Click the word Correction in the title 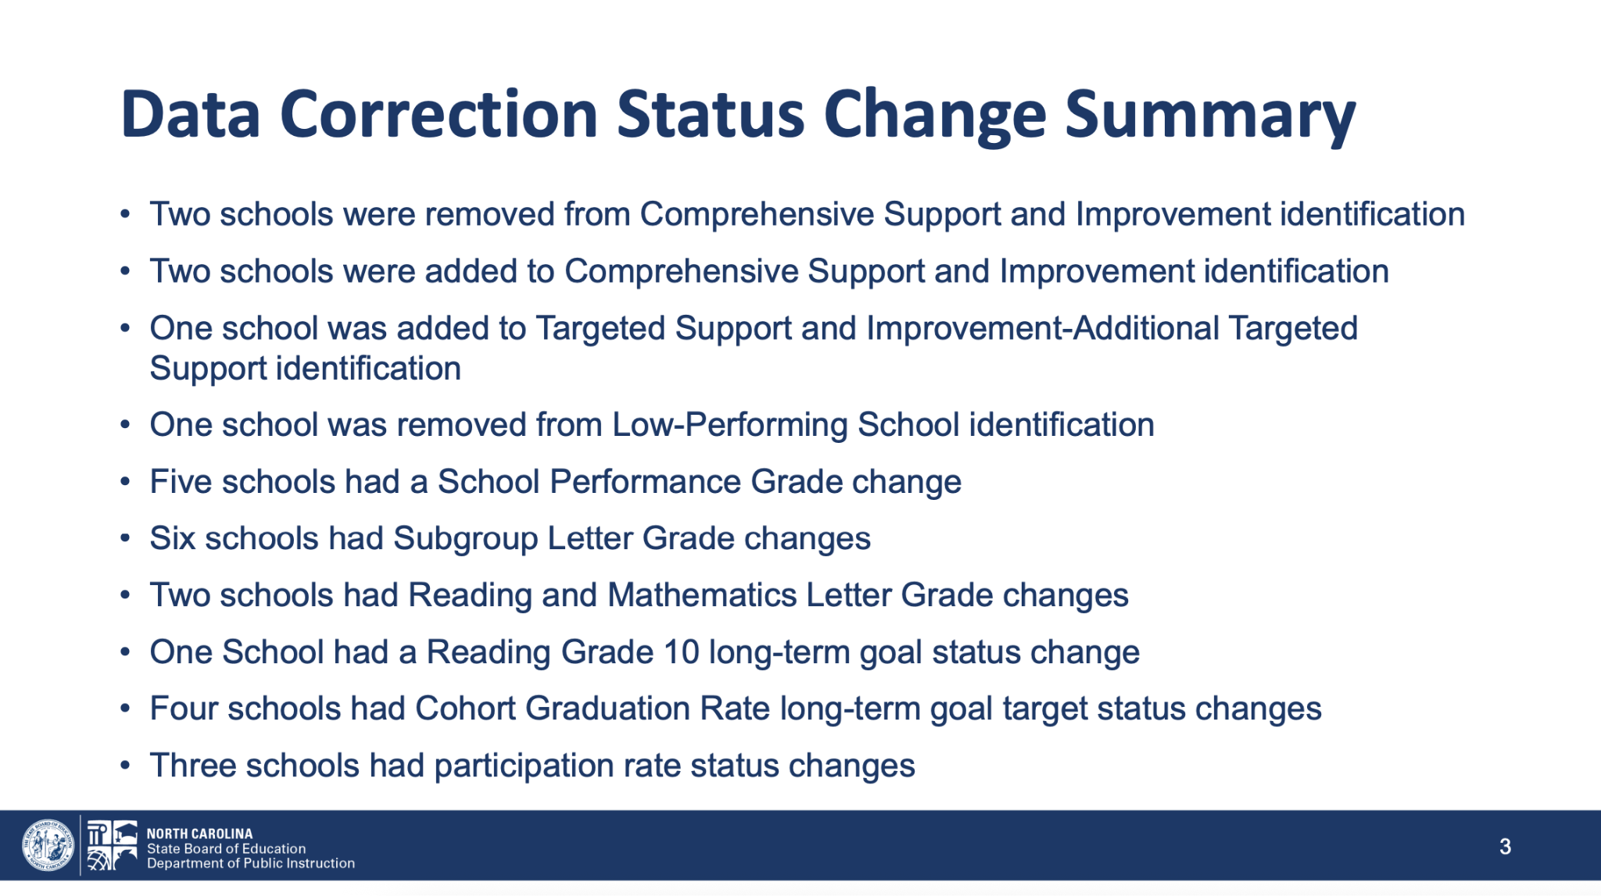click(439, 114)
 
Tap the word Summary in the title click(1210, 117)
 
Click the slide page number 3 click(1505, 846)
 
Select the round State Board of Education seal click(48, 845)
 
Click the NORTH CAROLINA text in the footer click(199, 834)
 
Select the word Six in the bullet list click(172, 538)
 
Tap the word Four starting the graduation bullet click(184, 709)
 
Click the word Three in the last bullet click(192, 766)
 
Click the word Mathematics click(702, 595)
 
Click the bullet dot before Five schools click(125, 483)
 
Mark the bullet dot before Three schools click(125, 766)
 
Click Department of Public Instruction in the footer click(251, 863)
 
